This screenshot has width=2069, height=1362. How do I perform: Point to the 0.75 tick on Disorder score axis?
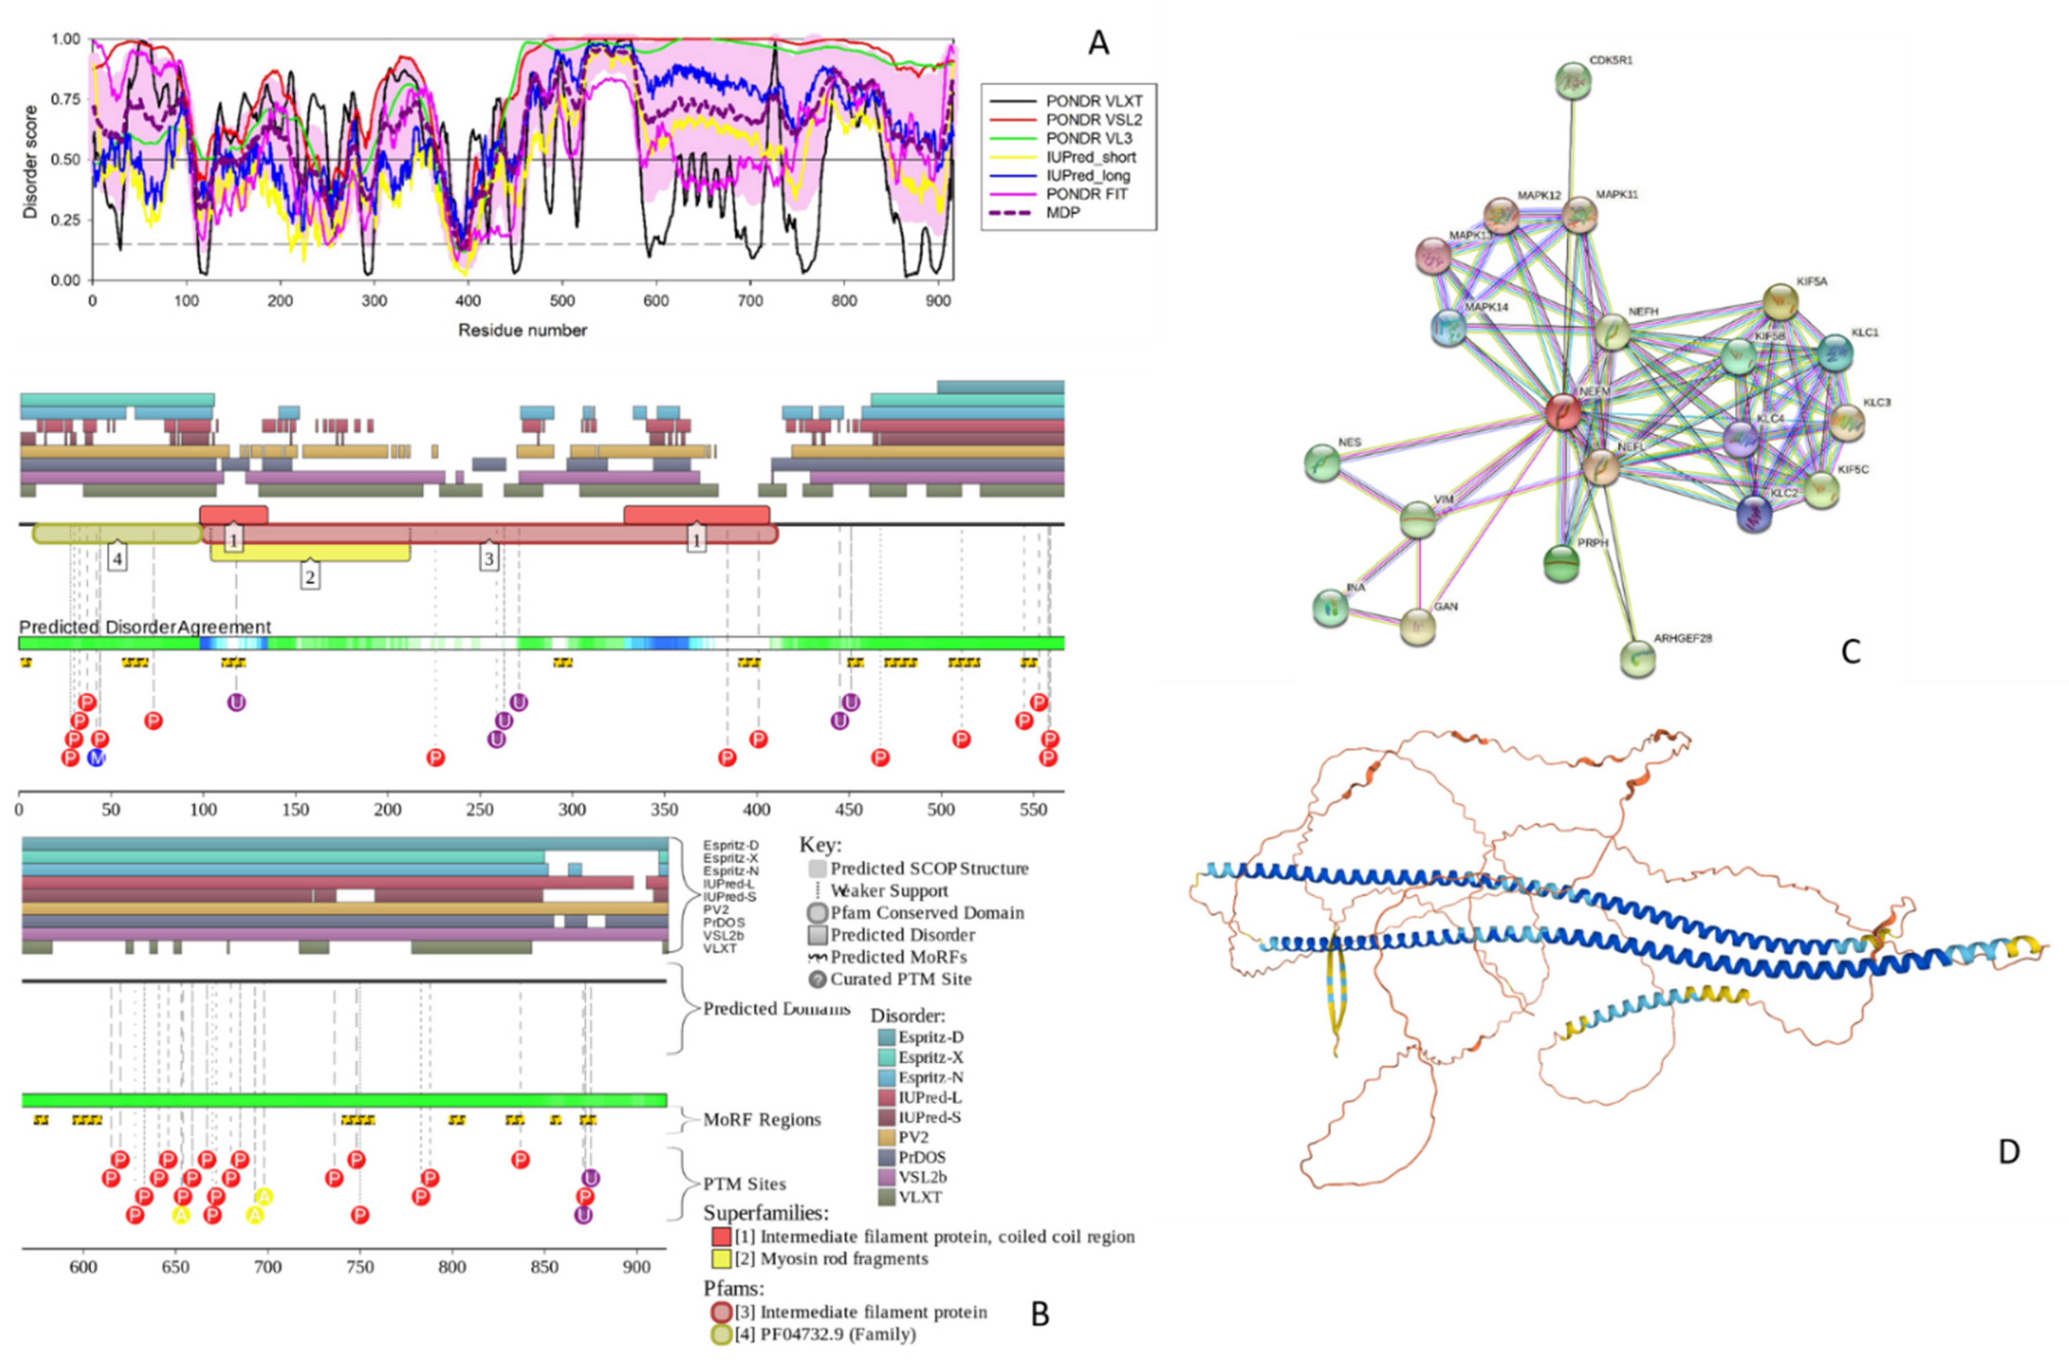[x=66, y=99]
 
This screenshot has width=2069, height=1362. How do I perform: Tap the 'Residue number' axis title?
[x=523, y=330]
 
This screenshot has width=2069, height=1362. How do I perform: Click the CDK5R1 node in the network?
[x=1573, y=81]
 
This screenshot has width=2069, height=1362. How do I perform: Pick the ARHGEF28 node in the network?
[x=1638, y=658]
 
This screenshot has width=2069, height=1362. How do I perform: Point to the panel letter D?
[x=2008, y=1152]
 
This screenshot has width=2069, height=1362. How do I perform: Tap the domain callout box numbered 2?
[x=309, y=576]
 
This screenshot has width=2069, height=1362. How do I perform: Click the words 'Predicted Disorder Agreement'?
[x=145, y=627]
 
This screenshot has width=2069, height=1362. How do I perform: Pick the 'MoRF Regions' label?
[x=761, y=1120]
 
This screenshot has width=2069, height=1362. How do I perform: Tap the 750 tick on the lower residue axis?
[x=360, y=1267]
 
